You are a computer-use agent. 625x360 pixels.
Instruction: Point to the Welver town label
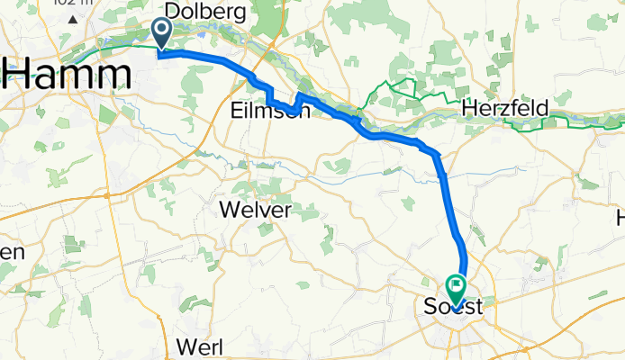(256, 211)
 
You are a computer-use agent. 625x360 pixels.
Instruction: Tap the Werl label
(201, 347)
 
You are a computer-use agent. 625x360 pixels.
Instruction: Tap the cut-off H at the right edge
(620, 218)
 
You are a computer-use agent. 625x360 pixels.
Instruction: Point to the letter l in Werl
(219, 347)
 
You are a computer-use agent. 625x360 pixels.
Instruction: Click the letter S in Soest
(430, 308)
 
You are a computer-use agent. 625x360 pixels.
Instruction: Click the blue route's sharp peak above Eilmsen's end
(299, 94)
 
